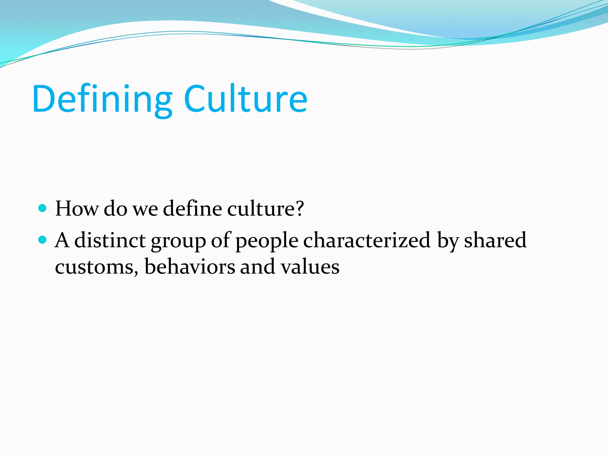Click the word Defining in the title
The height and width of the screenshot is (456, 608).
coord(102,99)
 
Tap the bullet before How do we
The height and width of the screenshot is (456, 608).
coord(43,208)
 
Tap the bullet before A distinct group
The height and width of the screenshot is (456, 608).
coord(43,239)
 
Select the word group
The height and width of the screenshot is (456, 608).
coord(178,241)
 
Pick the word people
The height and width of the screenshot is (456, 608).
coord(267,241)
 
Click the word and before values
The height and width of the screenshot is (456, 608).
coord(257,266)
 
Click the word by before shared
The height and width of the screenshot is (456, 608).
coord(447,241)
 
